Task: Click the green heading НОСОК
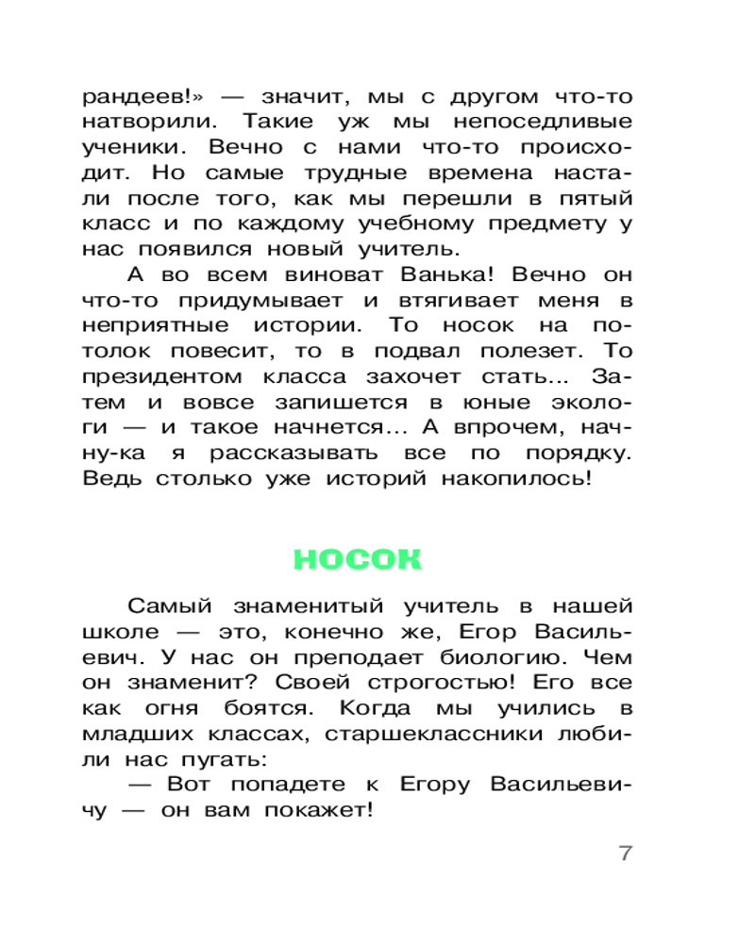[357, 558]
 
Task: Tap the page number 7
[624, 852]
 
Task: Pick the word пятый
[593, 198]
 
